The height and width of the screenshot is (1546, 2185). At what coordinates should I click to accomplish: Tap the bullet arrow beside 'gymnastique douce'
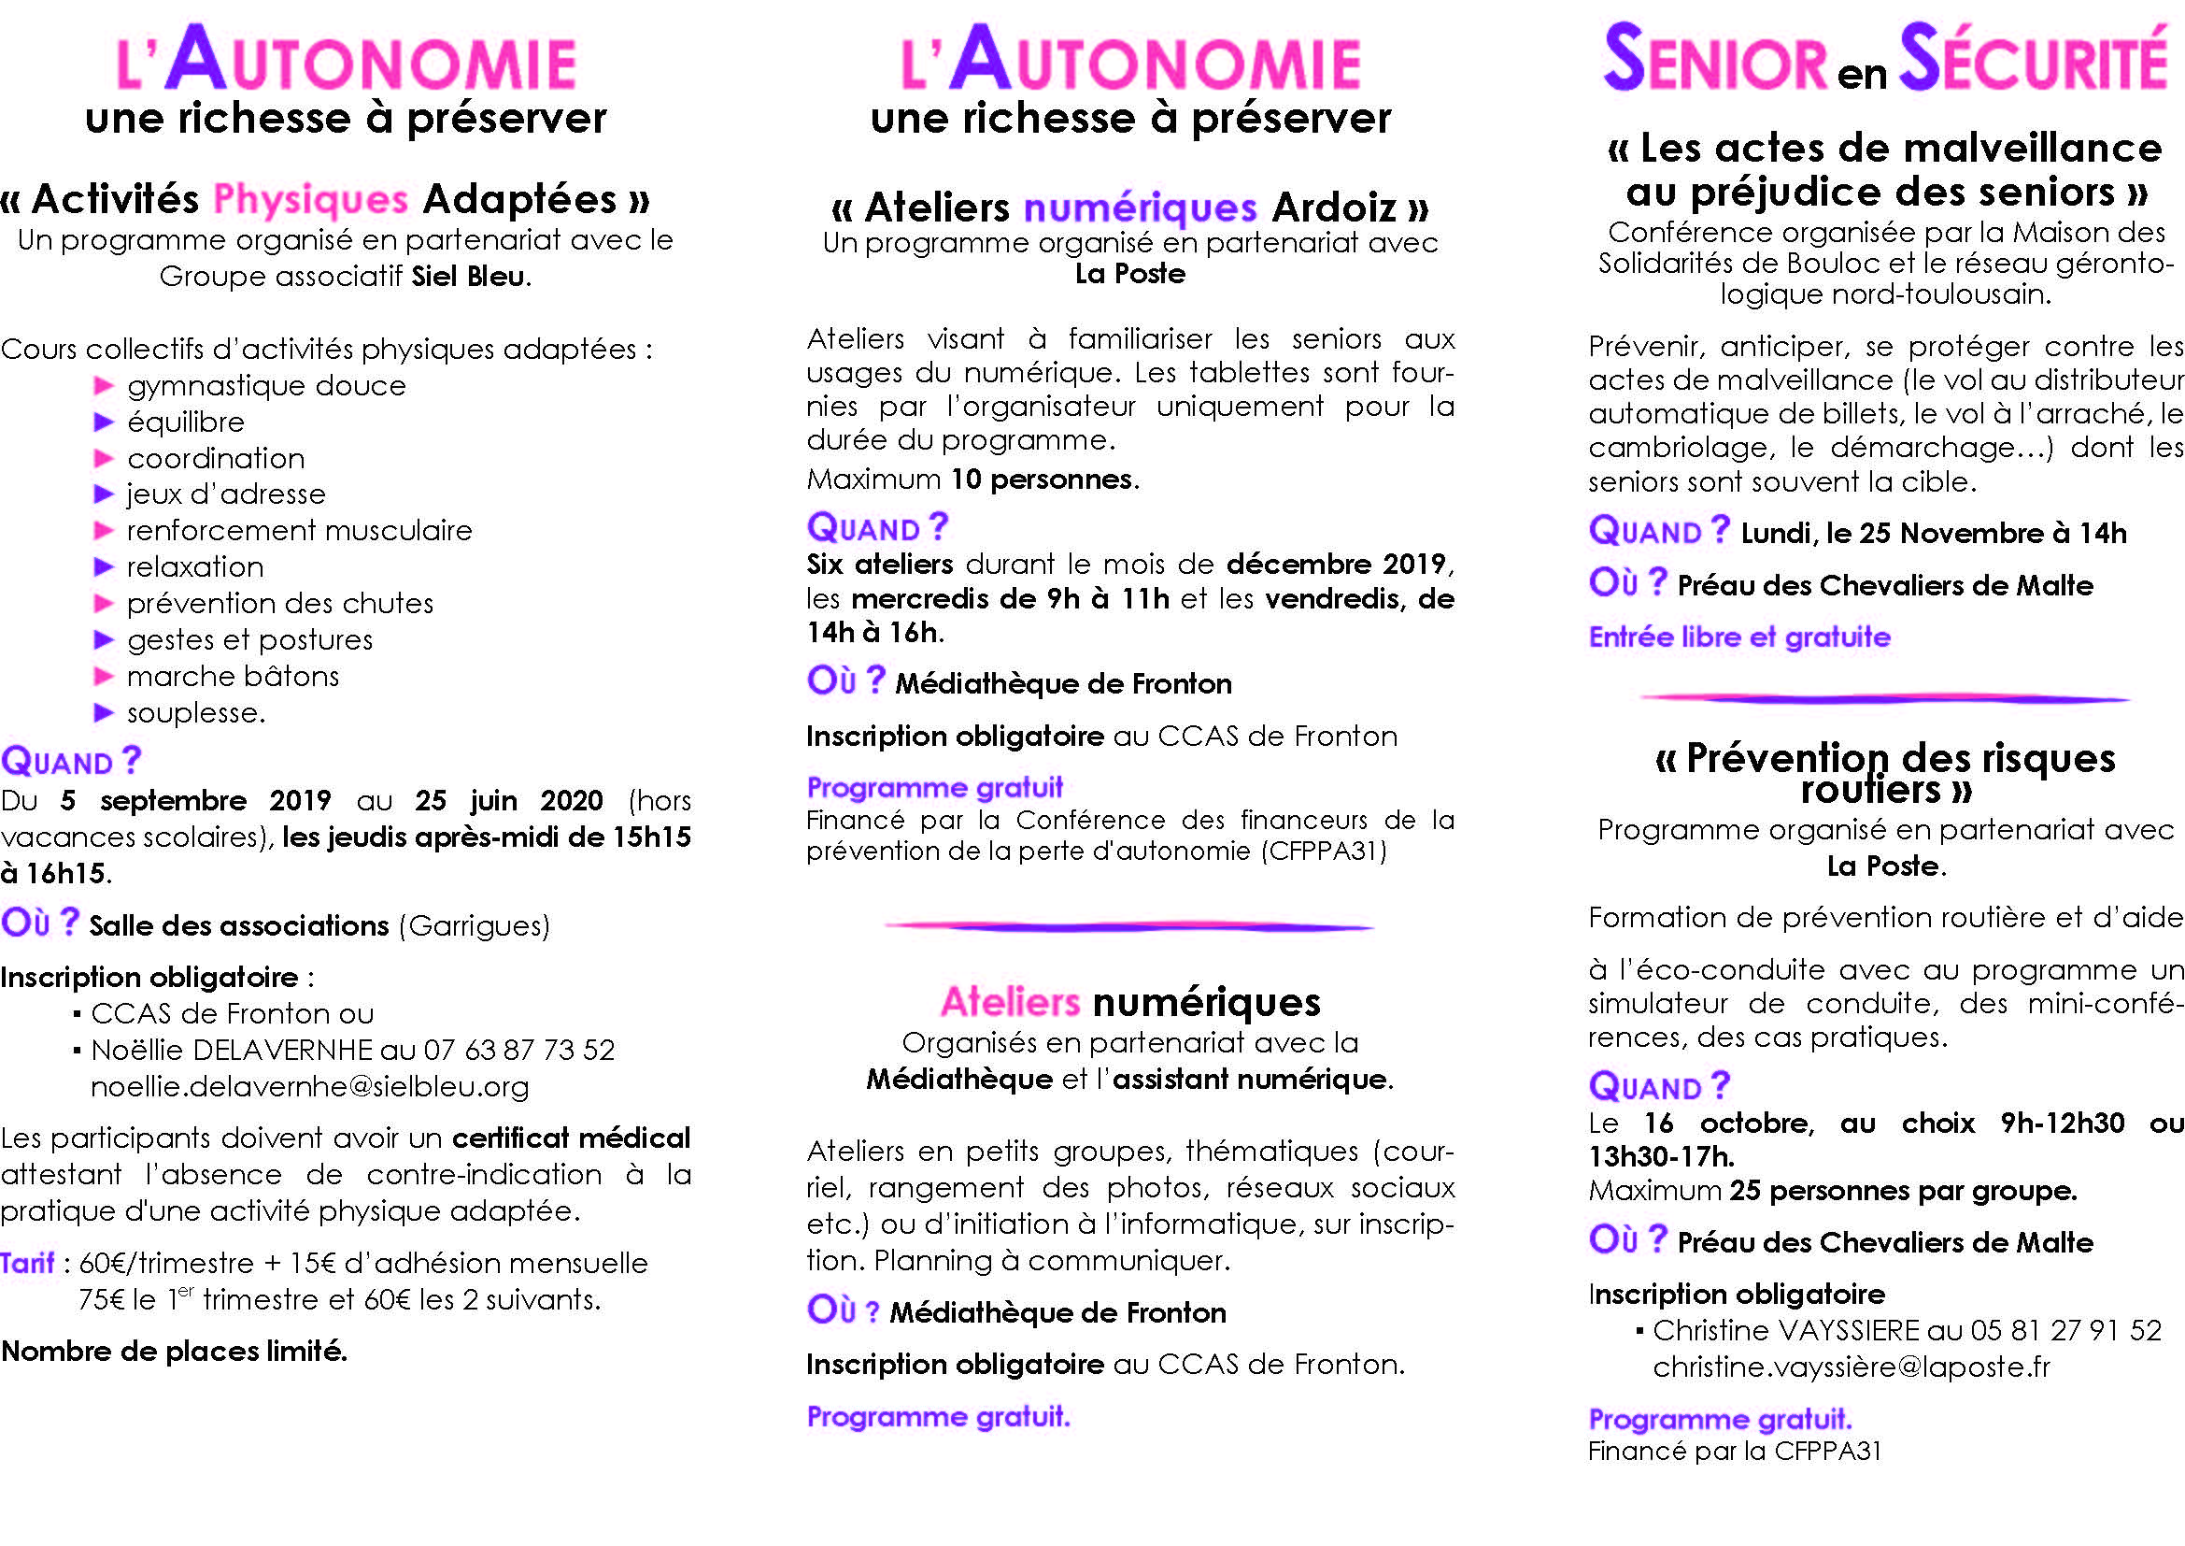point(104,385)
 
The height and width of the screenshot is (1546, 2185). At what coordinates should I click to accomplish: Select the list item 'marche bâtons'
point(233,677)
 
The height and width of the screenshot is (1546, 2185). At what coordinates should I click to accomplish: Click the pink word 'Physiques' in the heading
point(310,199)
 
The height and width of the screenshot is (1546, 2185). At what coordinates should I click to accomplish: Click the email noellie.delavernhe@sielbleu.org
point(309,1086)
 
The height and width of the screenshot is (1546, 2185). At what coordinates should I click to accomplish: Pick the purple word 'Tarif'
point(28,1264)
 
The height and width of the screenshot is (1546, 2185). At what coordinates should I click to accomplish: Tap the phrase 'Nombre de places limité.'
point(174,1351)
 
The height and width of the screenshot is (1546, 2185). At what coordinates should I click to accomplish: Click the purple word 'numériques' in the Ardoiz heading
point(1140,208)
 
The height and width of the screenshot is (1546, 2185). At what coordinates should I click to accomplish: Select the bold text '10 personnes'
point(1043,479)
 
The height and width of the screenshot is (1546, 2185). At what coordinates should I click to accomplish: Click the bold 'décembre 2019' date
point(1336,565)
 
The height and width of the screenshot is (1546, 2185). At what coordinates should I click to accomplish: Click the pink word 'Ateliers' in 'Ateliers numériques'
point(1010,1002)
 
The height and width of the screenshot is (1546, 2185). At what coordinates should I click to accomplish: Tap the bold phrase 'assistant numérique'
point(1250,1080)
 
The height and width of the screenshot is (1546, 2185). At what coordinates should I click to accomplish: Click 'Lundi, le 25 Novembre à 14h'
point(1933,533)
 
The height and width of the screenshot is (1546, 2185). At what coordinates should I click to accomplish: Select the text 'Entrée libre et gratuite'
point(1738,637)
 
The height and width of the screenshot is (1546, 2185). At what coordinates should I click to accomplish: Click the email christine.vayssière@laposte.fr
point(1851,1367)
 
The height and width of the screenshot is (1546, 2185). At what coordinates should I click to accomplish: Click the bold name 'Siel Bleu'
point(468,277)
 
